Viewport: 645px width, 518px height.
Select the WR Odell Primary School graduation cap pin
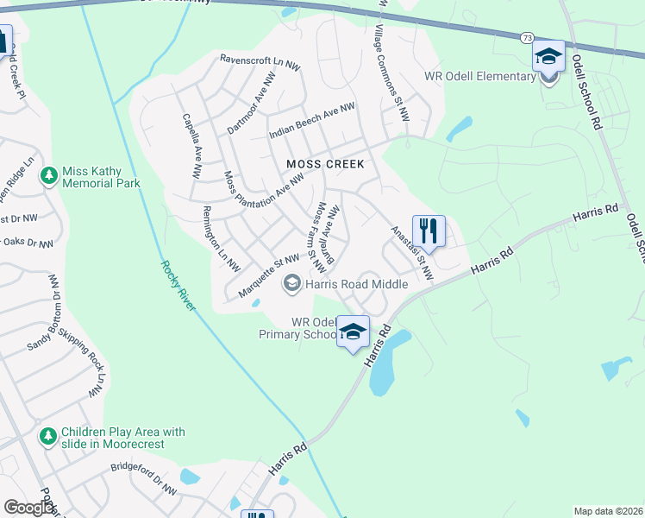(x=353, y=332)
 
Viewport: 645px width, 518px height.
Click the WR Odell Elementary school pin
(x=548, y=57)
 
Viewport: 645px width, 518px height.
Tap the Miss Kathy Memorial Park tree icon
(x=50, y=176)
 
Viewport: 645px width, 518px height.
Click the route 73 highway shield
(x=526, y=38)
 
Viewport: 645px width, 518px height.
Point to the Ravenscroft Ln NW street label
(x=260, y=61)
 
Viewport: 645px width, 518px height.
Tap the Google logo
(x=28, y=508)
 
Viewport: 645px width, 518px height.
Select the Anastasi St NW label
(x=411, y=252)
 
